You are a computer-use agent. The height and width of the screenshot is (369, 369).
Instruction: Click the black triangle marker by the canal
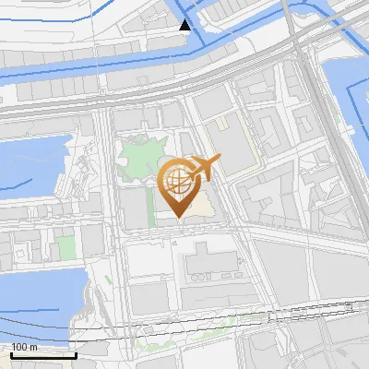click(x=185, y=24)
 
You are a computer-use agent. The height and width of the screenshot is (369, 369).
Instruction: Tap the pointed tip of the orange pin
click(x=178, y=218)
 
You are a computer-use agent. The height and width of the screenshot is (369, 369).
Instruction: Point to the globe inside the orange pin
click(x=177, y=182)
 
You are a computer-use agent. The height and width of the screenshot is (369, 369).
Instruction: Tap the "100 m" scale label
click(x=25, y=347)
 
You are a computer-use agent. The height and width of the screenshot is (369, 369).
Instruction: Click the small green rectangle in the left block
click(x=64, y=247)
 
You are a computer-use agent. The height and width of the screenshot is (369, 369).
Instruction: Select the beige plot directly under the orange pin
click(x=198, y=210)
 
